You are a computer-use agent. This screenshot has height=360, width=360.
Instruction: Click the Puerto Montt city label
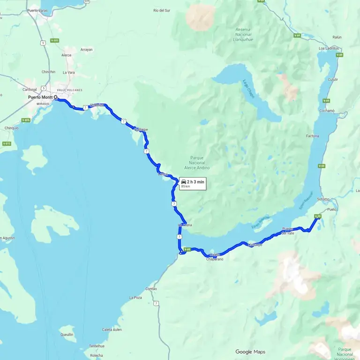(x=40, y=97)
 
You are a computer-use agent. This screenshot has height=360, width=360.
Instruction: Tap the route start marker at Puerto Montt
(x=56, y=98)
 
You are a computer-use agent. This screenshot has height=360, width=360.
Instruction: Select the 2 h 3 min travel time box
(x=192, y=183)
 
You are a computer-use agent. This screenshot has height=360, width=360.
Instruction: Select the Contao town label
(x=151, y=289)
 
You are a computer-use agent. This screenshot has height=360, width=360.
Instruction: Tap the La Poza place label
(x=135, y=298)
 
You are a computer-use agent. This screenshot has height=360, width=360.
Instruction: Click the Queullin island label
(x=67, y=334)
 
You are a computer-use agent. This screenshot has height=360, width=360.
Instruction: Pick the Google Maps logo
(x=250, y=352)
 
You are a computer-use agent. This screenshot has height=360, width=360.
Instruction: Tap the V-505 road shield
(x=55, y=41)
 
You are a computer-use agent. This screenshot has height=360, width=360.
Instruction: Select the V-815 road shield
(x=7, y=143)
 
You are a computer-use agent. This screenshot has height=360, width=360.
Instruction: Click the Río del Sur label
(x=162, y=10)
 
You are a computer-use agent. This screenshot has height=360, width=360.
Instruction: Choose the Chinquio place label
(x=11, y=128)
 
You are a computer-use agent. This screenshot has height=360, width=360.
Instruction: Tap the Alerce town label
(x=67, y=55)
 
